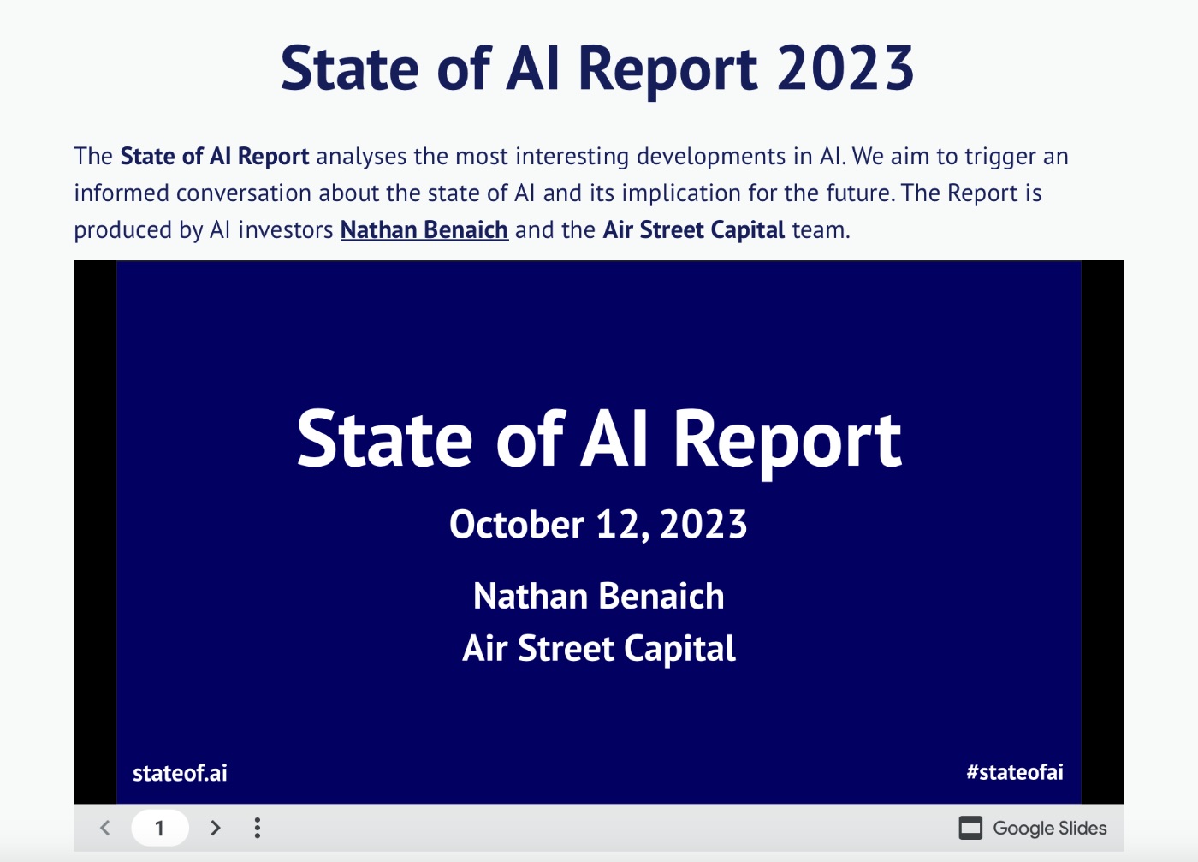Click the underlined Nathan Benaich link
(424, 230)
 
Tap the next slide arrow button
(215, 828)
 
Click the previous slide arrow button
(105, 828)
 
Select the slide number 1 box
(159, 828)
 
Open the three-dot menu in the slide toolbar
(258, 828)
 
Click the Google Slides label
(1049, 829)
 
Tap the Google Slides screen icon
(970, 828)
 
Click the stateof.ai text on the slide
(180, 773)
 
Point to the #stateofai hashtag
(1015, 772)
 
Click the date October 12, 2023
(598, 525)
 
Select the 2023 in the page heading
(845, 68)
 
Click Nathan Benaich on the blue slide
(598, 596)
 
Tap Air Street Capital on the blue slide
(598, 649)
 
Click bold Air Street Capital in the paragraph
(694, 230)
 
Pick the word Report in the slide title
(786, 441)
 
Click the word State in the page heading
(349, 68)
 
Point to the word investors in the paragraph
(286, 230)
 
